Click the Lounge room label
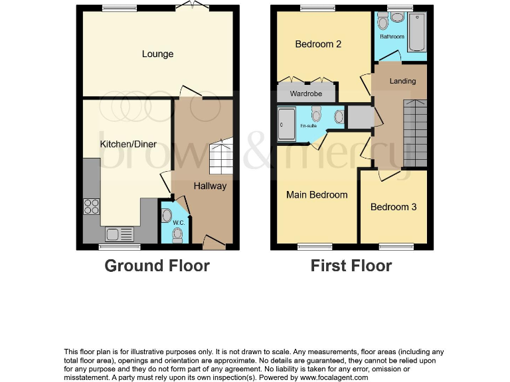point(157,54)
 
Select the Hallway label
point(210,186)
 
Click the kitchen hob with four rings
point(91,206)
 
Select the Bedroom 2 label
point(318,44)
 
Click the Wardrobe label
point(306,94)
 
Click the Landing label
point(402,81)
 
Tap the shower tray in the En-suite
point(286,124)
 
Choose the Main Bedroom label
point(317,194)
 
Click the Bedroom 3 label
point(393,207)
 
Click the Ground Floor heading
point(157,266)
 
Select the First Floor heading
point(351,266)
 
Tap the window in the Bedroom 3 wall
point(393,247)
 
